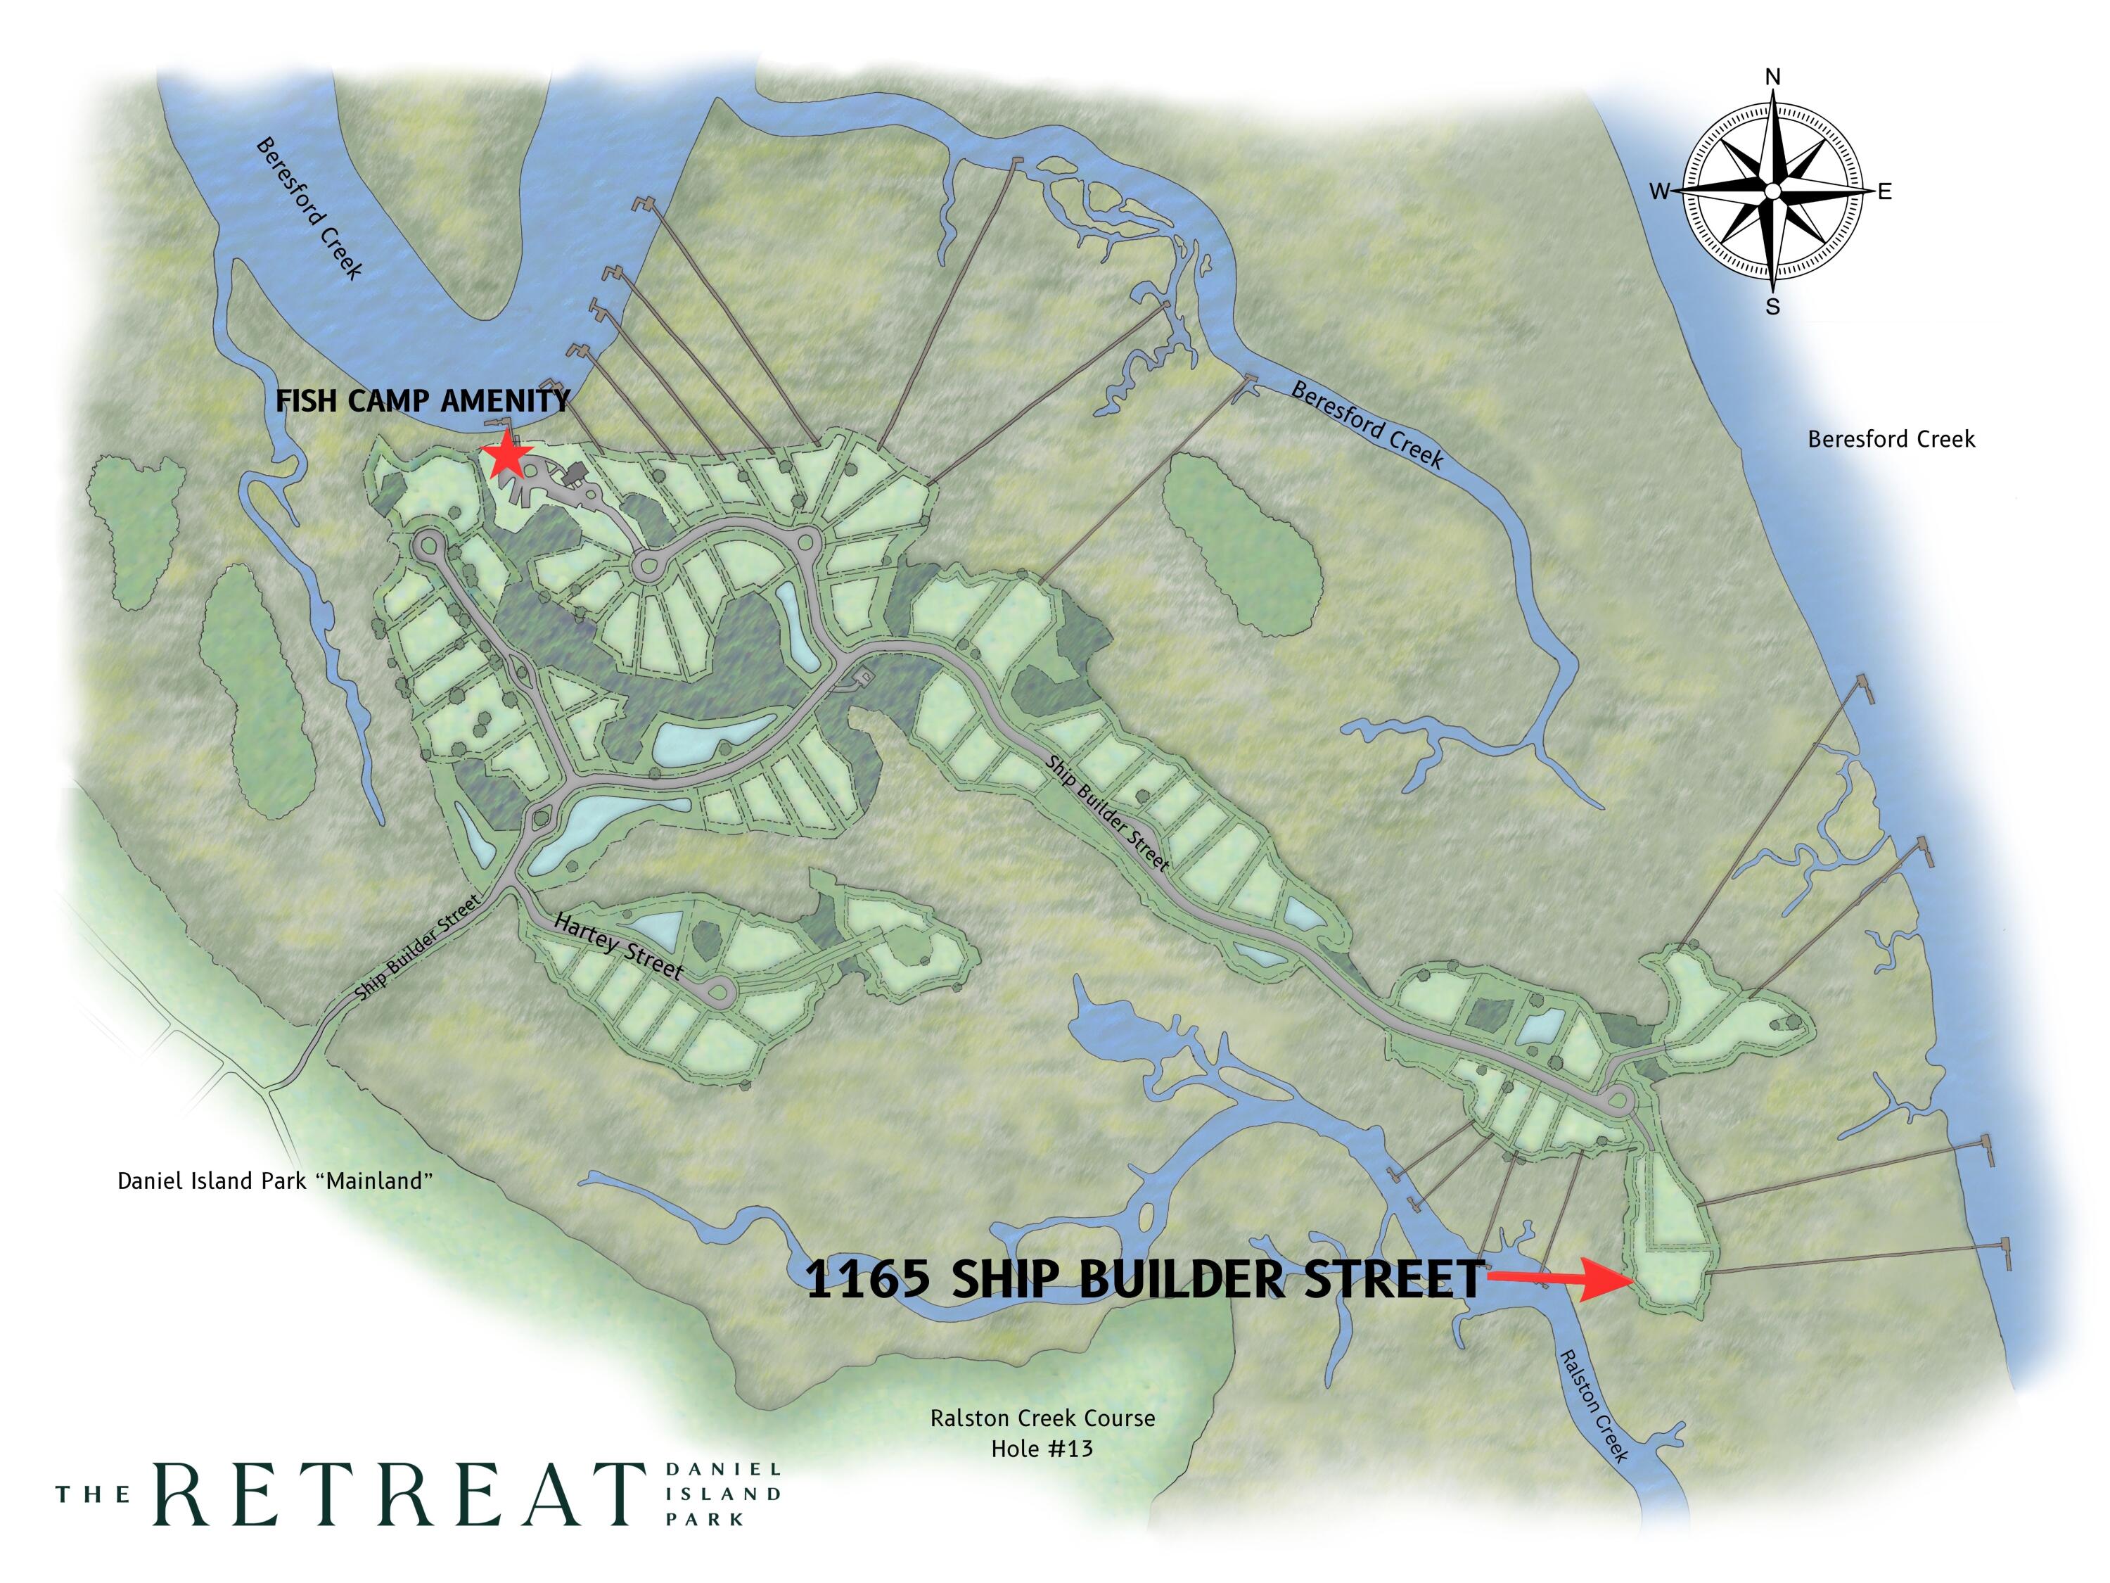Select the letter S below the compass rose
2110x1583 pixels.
[1772, 307]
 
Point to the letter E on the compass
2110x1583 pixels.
[1885, 192]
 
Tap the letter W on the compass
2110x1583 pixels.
[1660, 192]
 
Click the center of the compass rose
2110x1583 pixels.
[1772, 192]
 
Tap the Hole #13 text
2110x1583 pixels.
[1042, 1449]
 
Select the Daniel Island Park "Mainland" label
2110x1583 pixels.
[275, 1181]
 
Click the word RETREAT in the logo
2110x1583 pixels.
[399, 1494]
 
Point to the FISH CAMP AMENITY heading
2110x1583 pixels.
[423, 401]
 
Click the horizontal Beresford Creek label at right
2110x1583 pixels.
[1891, 440]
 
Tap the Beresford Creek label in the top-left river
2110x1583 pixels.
[308, 209]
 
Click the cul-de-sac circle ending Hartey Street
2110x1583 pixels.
[718, 992]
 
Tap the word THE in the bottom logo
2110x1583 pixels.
[93, 1494]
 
